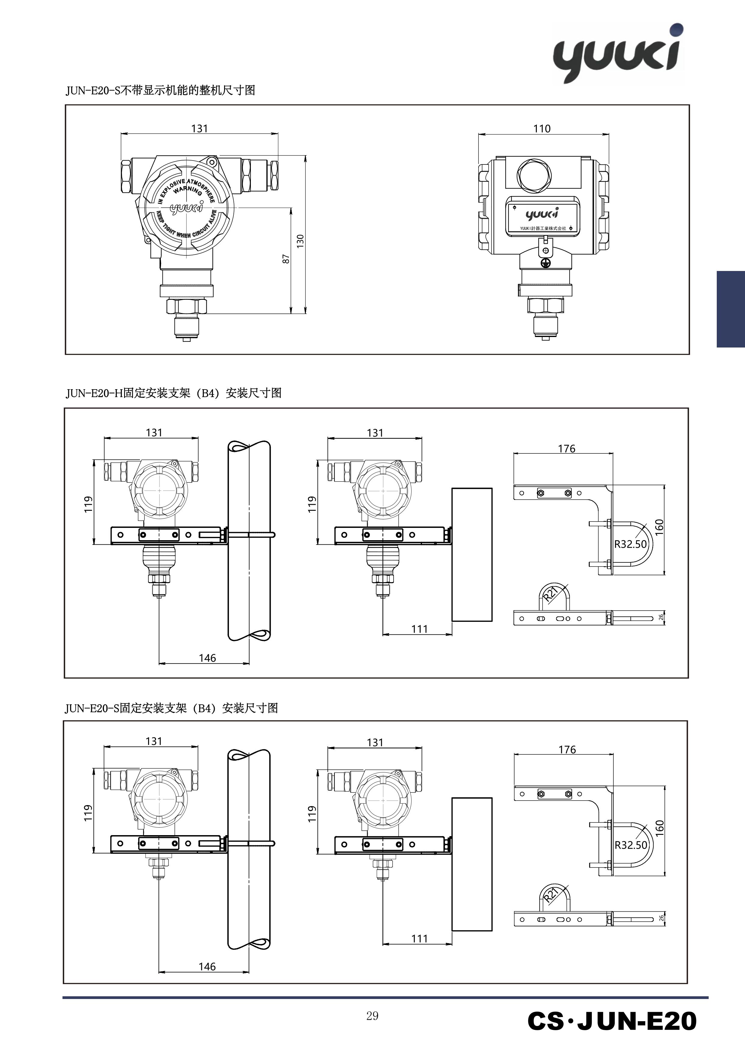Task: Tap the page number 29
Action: [x=372, y=1016]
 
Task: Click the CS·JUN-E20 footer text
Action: [x=612, y=1021]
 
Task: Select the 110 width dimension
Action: [x=542, y=128]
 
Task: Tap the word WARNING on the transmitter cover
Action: [x=187, y=189]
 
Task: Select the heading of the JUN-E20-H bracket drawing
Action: [x=174, y=393]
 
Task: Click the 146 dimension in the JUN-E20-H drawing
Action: [x=207, y=658]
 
